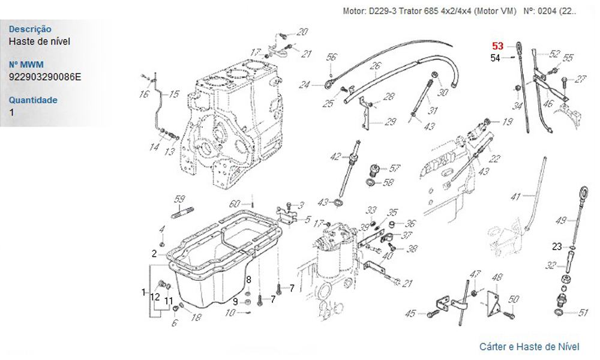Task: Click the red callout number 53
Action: pyautogui.click(x=498, y=46)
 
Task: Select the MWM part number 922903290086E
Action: pyautogui.click(x=45, y=77)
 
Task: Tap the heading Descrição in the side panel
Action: pyautogui.click(x=30, y=29)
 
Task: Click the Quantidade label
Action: pyautogui.click(x=33, y=100)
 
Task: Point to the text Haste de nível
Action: pyautogui.click(x=40, y=41)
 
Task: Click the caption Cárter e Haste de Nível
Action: pyautogui.click(x=529, y=347)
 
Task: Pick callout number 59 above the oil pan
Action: pyautogui.click(x=179, y=199)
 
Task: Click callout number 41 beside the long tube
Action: pyautogui.click(x=515, y=197)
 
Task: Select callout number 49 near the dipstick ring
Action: pyautogui.click(x=561, y=221)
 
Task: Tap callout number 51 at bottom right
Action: pyautogui.click(x=583, y=312)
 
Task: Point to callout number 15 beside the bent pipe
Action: pyautogui.click(x=174, y=94)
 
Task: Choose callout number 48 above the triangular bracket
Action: pyautogui.click(x=497, y=278)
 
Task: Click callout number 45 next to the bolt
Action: pyautogui.click(x=410, y=313)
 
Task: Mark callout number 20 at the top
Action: pyautogui.click(x=302, y=32)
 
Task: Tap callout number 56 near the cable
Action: pyautogui.click(x=331, y=58)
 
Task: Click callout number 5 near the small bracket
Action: pyautogui.click(x=307, y=220)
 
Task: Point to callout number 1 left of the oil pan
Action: pyautogui.click(x=143, y=292)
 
